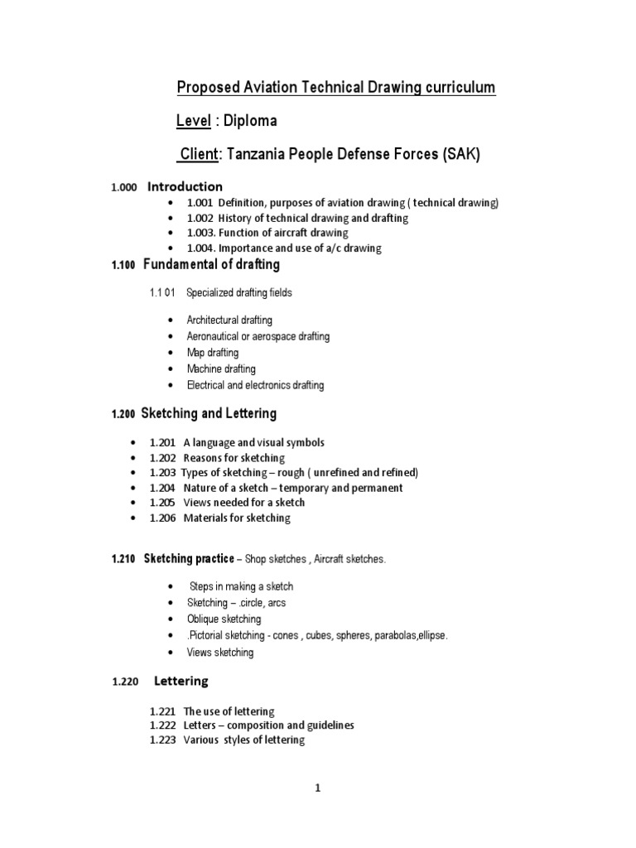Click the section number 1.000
[123, 188]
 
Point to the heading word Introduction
[185, 186]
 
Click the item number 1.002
[200, 218]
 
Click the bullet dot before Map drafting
[171, 353]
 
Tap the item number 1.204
[163, 488]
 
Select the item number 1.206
[163, 518]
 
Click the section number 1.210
[123, 560]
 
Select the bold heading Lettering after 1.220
[181, 682]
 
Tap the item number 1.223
[163, 740]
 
